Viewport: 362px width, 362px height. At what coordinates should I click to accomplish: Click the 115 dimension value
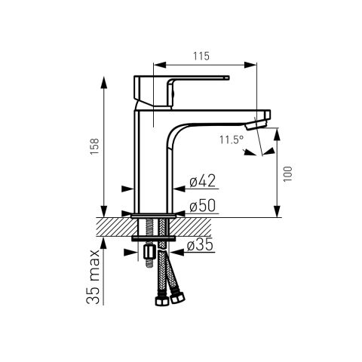click(201, 56)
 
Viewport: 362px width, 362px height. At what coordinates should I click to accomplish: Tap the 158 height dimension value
click(95, 146)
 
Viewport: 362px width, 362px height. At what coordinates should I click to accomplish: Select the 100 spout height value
click(288, 173)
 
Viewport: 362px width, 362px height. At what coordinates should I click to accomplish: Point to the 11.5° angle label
click(232, 140)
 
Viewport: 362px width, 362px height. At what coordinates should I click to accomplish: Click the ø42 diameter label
click(203, 181)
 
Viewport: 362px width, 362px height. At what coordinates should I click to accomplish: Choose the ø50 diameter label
click(203, 206)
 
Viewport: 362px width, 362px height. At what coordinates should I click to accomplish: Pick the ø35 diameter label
click(200, 244)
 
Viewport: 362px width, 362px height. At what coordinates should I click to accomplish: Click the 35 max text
click(93, 277)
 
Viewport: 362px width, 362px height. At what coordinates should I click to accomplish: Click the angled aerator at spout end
click(256, 124)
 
